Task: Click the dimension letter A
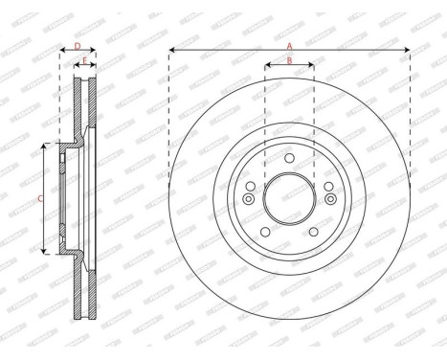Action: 289,43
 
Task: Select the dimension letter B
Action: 289,61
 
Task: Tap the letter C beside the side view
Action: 38,198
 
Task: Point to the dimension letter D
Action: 77,44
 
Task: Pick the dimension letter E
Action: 85,61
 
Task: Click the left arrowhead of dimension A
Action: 171,49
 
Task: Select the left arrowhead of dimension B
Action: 266,67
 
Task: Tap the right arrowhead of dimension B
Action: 311,67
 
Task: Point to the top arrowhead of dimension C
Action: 44,146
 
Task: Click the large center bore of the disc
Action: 289,198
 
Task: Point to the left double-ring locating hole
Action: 248,199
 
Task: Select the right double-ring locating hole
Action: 330,199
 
